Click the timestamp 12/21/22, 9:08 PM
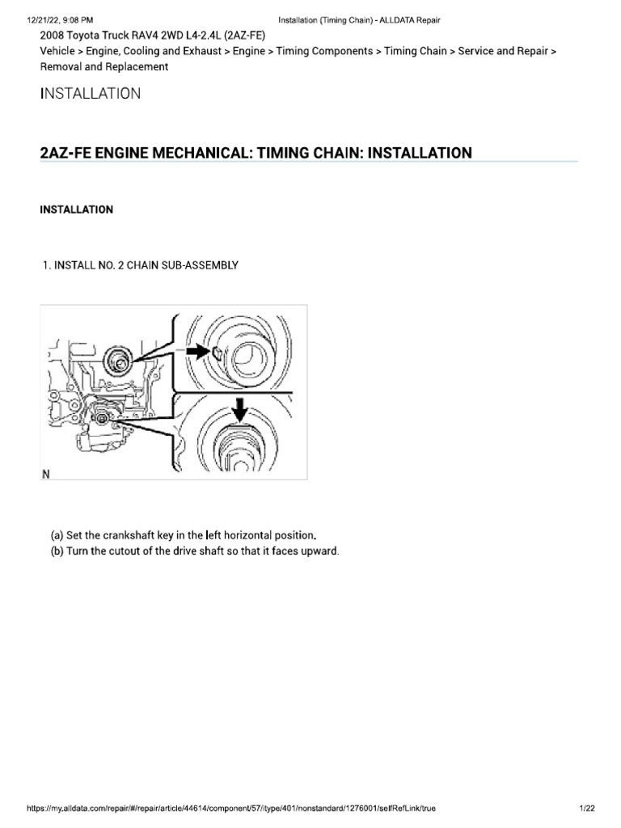click(x=49, y=19)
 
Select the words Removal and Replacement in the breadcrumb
click(x=104, y=67)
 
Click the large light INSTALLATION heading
click(x=91, y=94)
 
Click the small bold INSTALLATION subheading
click(x=77, y=210)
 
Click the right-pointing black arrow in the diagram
click(x=197, y=352)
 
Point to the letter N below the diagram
click(x=47, y=475)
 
